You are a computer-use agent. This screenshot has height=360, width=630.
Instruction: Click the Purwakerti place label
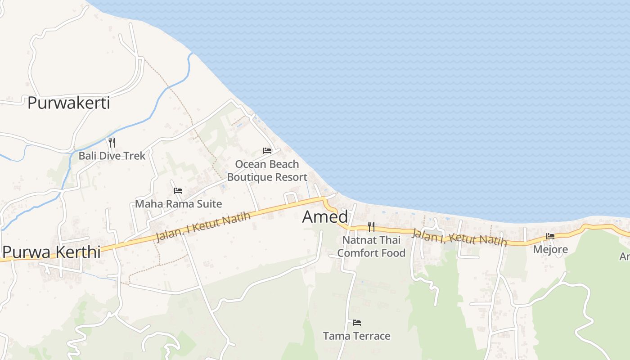(68, 103)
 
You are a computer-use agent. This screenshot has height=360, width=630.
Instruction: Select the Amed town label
(325, 217)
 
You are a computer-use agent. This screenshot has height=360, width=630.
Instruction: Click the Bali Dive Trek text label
(112, 156)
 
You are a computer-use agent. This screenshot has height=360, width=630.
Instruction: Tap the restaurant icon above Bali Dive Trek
(112, 143)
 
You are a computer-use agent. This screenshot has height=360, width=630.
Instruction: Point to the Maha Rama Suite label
(178, 204)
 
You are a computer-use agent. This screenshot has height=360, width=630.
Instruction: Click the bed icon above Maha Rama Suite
(178, 191)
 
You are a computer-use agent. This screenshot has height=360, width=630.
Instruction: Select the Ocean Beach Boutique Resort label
(267, 171)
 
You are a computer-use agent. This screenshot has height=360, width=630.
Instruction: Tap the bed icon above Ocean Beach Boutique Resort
(267, 151)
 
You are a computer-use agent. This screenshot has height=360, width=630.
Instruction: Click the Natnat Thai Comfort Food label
(371, 247)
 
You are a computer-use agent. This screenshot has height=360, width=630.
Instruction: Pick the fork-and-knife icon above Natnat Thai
(371, 227)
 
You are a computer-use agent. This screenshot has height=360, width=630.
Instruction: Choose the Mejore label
(550, 249)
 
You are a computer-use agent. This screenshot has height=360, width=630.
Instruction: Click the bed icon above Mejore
(550, 236)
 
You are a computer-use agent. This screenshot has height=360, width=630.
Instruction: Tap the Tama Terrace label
(357, 336)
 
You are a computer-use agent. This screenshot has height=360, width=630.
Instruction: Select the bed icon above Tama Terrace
(357, 323)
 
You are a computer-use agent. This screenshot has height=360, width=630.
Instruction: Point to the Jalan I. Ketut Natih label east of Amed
(459, 238)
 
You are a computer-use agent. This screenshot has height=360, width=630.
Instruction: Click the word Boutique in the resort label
(248, 177)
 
